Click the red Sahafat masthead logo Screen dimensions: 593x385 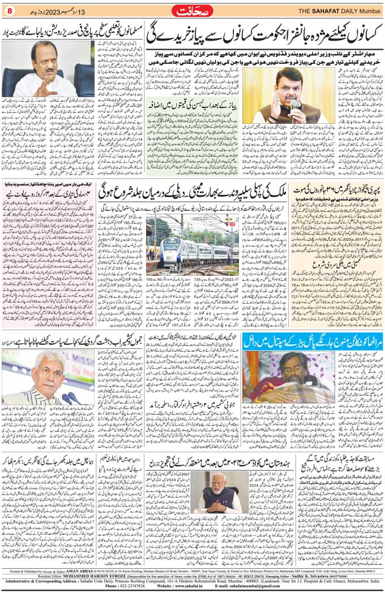pos(192,10)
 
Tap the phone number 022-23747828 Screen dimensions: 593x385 pos(123,587)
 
